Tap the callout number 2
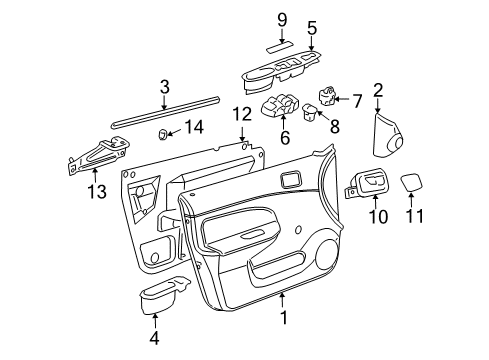click(x=378, y=91)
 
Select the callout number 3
click(x=165, y=87)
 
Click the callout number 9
click(x=281, y=19)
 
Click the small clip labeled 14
click(x=163, y=133)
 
